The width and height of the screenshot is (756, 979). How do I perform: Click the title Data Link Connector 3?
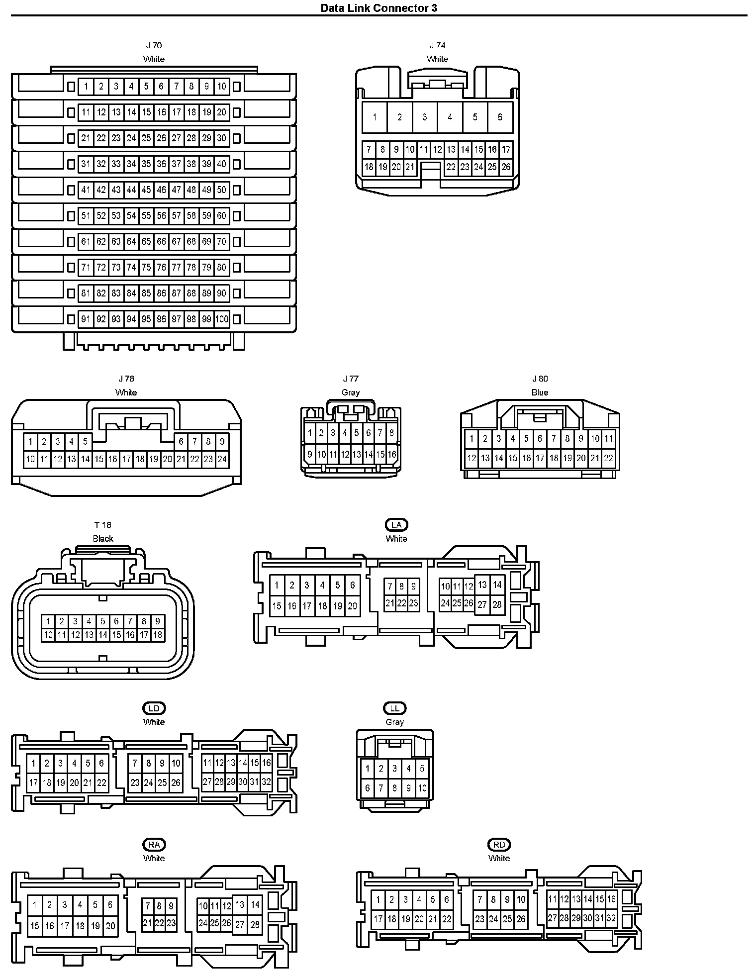(x=378, y=8)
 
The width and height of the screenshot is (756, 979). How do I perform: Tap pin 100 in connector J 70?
(x=222, y=319)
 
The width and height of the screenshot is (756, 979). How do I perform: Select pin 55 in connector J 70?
(x=146, y=215)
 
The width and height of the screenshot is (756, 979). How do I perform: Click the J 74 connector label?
(x=437, y=45)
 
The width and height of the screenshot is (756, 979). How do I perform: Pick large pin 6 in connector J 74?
(x=500, y=117)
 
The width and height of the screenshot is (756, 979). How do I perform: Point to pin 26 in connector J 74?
(x=506, y=167)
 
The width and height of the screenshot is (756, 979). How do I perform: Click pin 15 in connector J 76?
(x=99, y=459)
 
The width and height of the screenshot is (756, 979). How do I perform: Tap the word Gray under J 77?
(x=351, y=392)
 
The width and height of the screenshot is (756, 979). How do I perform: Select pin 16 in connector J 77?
(x=392, y=454)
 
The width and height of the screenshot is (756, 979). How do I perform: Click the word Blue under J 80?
(x=540, y=392)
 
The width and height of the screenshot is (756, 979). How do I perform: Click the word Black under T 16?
(x=103, y=539)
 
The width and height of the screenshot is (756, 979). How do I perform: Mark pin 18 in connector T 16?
(x=158, y=635)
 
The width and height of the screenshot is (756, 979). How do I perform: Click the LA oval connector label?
(x=396, y=525)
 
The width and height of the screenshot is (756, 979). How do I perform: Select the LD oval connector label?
(x=154, y=708)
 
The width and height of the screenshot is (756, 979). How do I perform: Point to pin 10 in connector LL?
(x=422, y=788)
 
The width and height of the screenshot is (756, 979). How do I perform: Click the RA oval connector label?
(x=154, y=844)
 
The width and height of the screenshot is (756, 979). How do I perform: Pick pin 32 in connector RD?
(x=611, y=918)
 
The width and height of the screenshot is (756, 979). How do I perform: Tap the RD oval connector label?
(x=499, y=844)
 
